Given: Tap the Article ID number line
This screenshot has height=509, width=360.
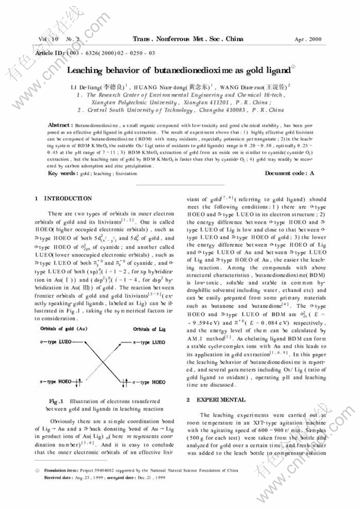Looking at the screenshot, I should pos(95,53).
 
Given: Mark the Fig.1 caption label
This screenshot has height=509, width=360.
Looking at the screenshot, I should pos(57,401).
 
